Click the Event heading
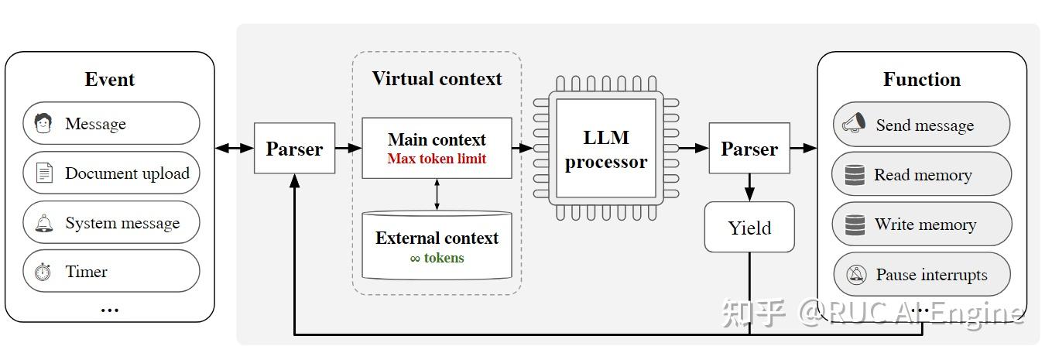109,80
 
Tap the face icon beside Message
43,123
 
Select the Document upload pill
111,173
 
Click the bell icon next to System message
43,223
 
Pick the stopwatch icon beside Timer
43,272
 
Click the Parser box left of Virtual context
294,149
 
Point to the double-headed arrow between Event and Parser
234,148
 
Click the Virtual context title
437,79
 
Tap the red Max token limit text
437,159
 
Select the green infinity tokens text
437,258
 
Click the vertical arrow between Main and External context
437,194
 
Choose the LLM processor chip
605,149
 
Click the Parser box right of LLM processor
749,149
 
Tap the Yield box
749,228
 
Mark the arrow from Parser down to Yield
749,187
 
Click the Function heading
921,80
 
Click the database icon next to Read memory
855,175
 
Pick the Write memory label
925,225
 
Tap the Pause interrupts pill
921,274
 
